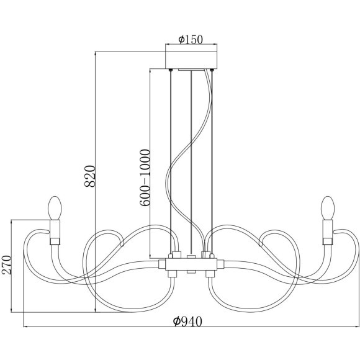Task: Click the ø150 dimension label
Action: pos(191,39)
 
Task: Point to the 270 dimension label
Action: pos(7,265)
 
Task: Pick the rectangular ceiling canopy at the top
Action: pos(191,61)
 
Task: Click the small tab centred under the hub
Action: pos(191,273)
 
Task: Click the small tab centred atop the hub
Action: pos(191,256)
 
